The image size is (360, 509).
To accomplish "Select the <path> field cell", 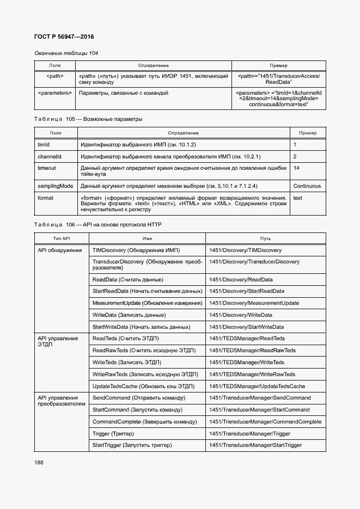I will tap(54, 76).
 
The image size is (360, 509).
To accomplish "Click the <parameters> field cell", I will tap(54, 93).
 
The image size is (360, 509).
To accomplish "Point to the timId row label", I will tap(44, 145).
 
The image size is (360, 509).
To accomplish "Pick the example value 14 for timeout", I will tap(296, 169).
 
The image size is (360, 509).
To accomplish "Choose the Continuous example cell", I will tap(307, 186).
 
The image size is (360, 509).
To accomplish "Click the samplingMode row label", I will tap(55, 186).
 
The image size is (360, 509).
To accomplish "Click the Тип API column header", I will tap(62, 238).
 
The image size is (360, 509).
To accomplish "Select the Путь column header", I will tap(265, 238).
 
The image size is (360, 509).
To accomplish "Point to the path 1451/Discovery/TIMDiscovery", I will tap(245, 250).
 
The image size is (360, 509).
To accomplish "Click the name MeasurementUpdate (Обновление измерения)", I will tap(147, 303).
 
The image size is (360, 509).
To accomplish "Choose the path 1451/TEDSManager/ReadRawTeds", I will tap(252, 351).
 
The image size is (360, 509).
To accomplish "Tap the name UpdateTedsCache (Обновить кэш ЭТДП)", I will tap(143, 386).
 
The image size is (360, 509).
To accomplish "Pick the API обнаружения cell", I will tap(59, 250).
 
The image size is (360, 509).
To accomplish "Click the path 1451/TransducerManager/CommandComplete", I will tap(265, 422).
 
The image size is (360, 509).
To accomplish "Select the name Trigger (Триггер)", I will tap(113, 434).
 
